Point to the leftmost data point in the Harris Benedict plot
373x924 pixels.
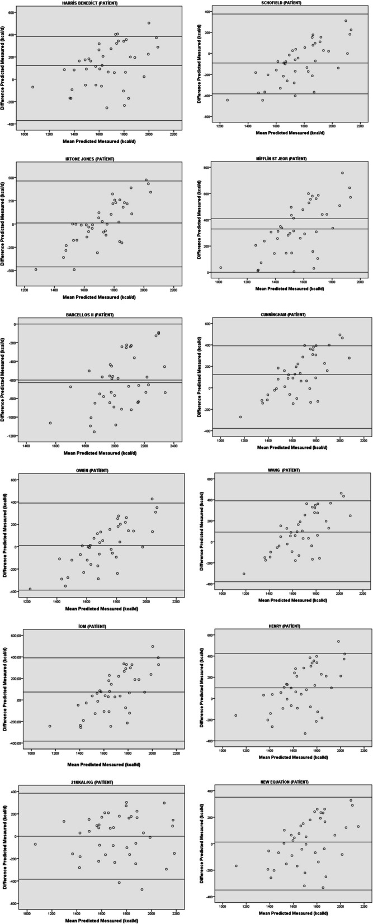point(33,87)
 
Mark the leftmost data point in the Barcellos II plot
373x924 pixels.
point(50,423)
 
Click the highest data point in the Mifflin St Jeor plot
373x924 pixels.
point(342,173)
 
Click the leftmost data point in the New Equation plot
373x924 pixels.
point(236,866)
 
